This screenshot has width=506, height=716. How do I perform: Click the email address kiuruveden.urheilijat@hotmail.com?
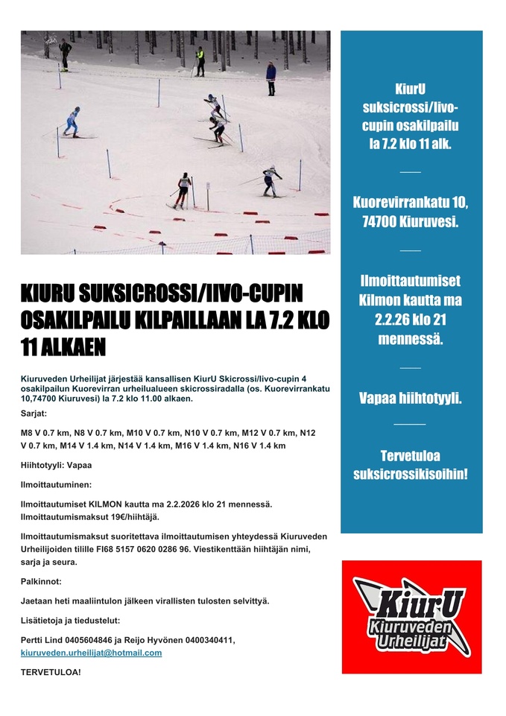(91, 653)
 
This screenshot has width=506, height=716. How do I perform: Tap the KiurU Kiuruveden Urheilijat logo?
(411, 617)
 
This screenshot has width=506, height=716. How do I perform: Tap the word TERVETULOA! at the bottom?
(51, 672)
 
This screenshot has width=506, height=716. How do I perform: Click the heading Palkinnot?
(41, 580)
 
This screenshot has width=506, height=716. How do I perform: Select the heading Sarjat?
(34, 413)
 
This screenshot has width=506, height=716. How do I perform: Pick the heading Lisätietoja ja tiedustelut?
(70, 620)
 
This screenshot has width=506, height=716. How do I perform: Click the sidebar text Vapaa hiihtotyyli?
(411, 398)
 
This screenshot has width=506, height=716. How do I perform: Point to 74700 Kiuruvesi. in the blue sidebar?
(411, 221)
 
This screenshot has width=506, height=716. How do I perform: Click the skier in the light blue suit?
(72, 121)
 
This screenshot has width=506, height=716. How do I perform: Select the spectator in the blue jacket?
(271, 77)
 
